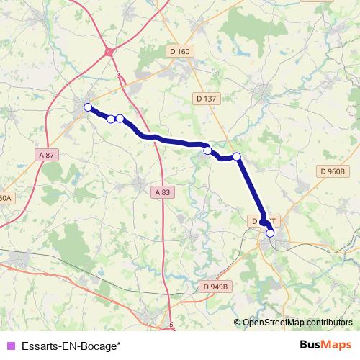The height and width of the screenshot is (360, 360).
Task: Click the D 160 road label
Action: coord(180,51)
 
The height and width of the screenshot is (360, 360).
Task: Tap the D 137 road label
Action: coord(206,99)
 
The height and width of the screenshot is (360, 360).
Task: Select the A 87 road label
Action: coord(47,155)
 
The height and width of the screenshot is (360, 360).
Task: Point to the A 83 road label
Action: coord(163,192)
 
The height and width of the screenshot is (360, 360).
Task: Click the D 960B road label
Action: coord(333,171)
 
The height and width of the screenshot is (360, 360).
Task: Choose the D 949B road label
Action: coord(215,287)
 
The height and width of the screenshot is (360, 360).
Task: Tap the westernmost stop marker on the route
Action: coord(88,107)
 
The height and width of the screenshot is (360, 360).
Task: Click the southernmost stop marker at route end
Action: coord(270,233)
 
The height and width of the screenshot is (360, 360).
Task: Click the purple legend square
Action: coord(10,345)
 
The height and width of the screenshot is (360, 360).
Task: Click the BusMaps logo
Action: coord(325,345)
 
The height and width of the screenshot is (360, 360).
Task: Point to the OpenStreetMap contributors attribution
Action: coord(293,322)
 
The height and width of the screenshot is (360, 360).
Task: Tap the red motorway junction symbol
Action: coord(109,51)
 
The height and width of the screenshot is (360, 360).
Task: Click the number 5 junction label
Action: coord(117,73)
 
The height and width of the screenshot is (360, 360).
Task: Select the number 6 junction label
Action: coord(171,325)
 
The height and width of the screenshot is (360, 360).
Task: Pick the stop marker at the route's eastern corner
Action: coord(236,156)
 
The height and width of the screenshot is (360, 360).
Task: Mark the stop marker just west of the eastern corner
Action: coord(207,150)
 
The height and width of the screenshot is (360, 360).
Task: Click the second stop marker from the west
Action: coord(111,119)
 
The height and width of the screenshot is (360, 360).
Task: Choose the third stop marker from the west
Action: coord(120,119)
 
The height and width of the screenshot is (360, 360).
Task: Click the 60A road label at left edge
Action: coord(6,197)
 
